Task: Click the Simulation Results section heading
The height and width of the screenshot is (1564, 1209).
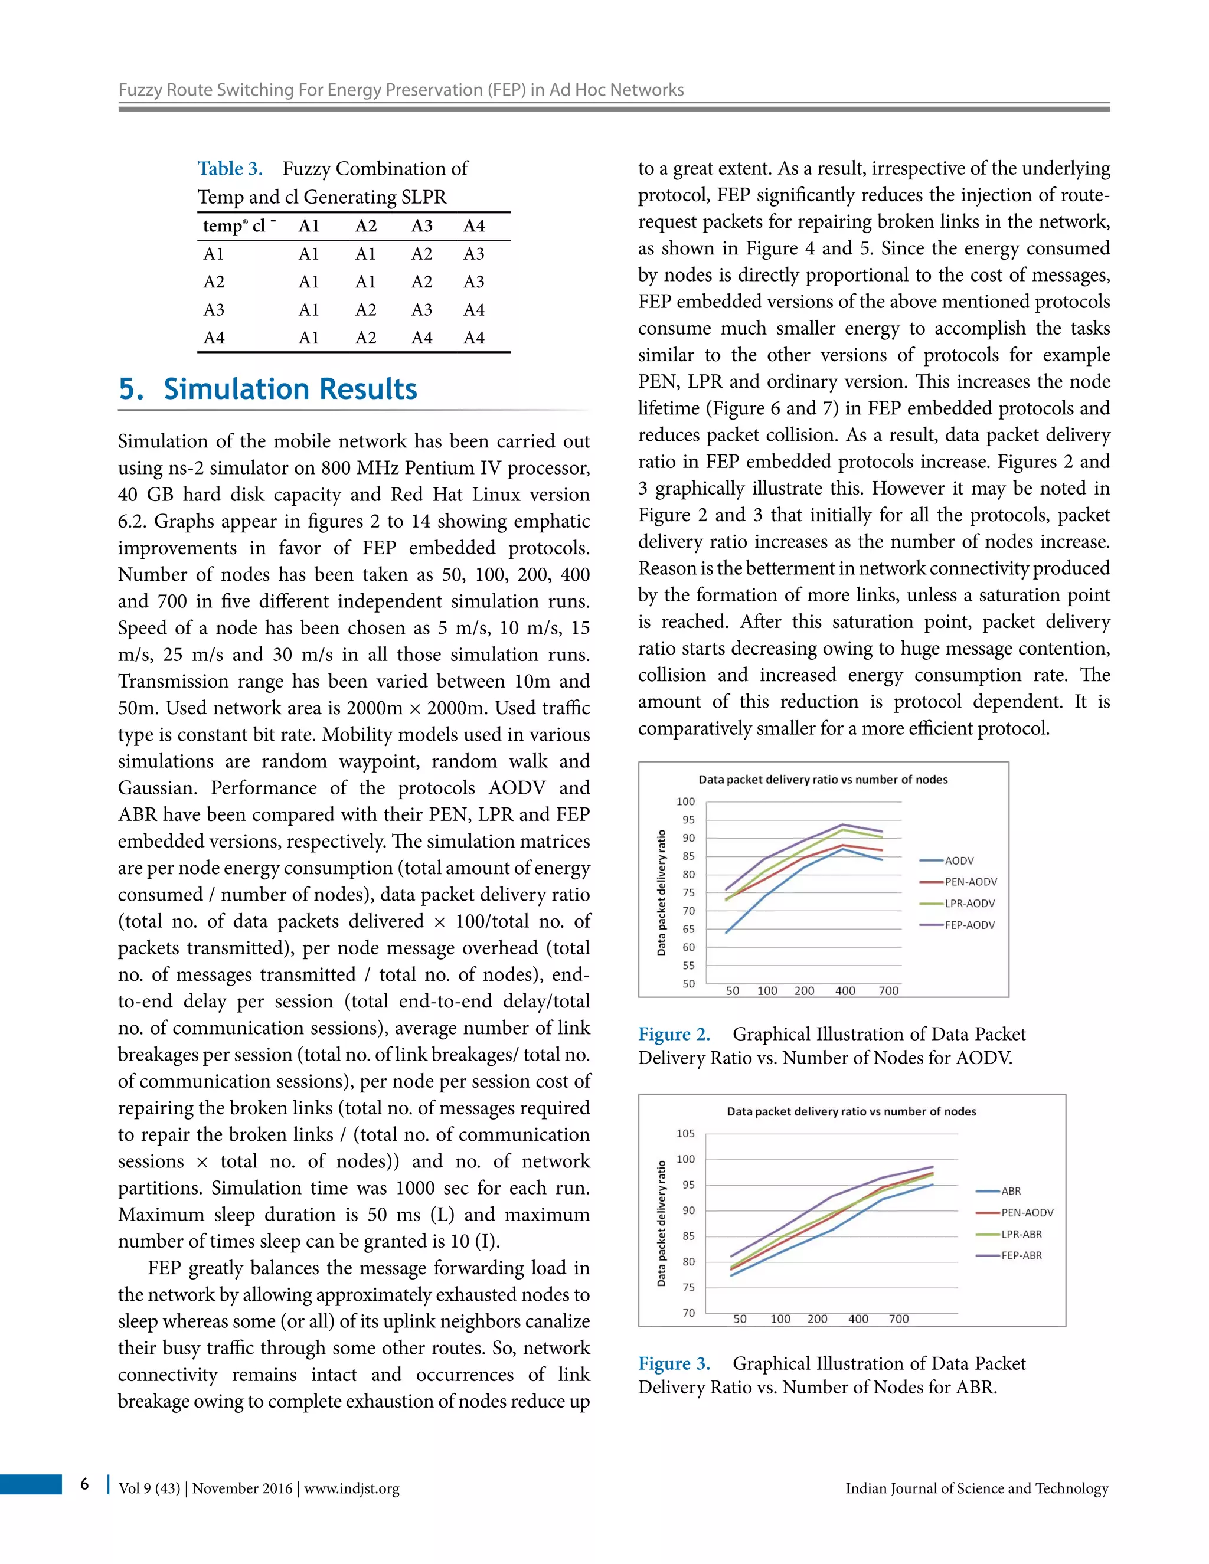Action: point(268,390)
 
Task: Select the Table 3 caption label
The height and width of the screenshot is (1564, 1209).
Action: point(230,169)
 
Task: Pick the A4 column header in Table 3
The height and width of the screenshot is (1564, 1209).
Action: point(474,226)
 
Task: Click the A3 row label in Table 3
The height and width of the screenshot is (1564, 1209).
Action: point(214,310)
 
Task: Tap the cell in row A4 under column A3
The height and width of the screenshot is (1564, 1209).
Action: point(422,338)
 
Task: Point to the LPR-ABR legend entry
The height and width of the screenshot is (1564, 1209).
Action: point(1021,1235)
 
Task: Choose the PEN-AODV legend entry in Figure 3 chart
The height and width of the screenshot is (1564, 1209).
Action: point(1027,1213)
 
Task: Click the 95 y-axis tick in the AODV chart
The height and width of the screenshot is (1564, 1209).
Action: point(688,820)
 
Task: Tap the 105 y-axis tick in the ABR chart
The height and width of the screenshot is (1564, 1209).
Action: point(685,1134)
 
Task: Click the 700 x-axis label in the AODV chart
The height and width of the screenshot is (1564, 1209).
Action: point(888,991)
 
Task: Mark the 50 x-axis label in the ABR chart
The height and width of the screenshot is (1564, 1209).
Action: point(740,1319)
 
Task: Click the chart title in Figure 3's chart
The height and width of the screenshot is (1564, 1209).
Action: point(851,1111)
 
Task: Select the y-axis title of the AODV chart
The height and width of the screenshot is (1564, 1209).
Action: point(662,892)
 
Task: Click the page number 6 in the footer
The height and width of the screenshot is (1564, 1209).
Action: point(84,1483)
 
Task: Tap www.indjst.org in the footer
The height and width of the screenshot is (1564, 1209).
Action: point(352,1489)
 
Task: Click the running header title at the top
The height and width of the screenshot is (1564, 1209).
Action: point(400,90)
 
